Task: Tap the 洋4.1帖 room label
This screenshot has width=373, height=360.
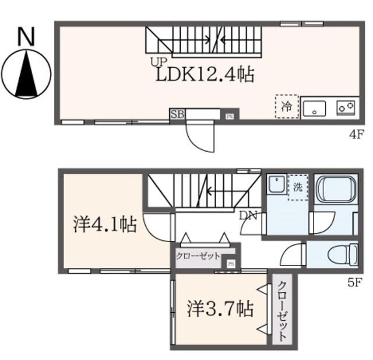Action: pos(105,225)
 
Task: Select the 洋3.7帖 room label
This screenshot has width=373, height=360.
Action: pos(220,309)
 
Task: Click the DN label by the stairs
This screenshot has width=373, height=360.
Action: pos(248,215)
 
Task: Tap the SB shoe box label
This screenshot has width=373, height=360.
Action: pos(177,114)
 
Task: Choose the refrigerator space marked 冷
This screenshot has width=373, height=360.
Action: pos(287,107)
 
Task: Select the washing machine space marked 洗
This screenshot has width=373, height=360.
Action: pos(298,188)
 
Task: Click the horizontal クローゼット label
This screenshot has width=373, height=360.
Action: pos(199,256)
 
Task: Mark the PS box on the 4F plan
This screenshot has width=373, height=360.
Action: pos(230,116)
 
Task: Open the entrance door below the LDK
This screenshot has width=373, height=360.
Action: pos(201,135)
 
